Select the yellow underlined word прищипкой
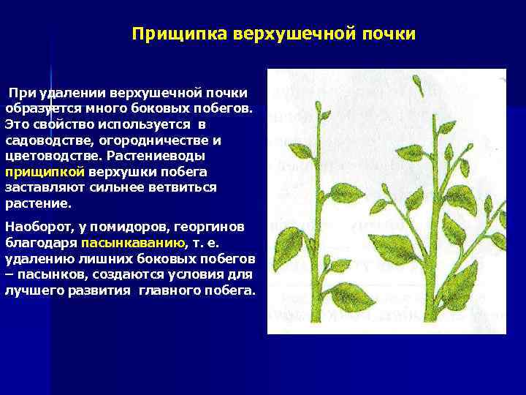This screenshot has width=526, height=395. (x=45, y=172)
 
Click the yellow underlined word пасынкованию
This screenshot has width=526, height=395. (x=134, y=243)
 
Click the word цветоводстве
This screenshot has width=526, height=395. (x=52, y=156)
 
